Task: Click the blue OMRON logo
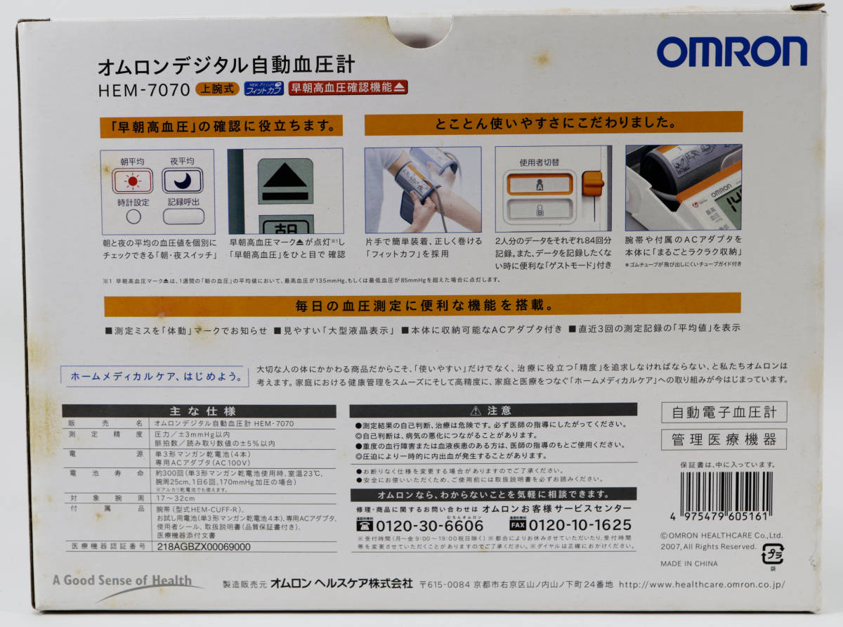[x=731, y=52]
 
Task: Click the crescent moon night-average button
[x=182, y=181]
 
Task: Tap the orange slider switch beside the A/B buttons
[x=593, y=184]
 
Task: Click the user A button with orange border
[x=540, y=184]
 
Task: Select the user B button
[x=540, y=209]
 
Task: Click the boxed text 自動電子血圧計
[x=724, y=412]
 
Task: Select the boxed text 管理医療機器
[x=724, y=440]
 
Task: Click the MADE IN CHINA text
[x=688, y=563]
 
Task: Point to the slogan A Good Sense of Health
[x=122, y=581]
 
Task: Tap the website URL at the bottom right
[x=702, y=584]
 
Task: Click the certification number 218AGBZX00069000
[x=203, y=546]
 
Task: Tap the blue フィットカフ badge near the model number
[x=263, y=89]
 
